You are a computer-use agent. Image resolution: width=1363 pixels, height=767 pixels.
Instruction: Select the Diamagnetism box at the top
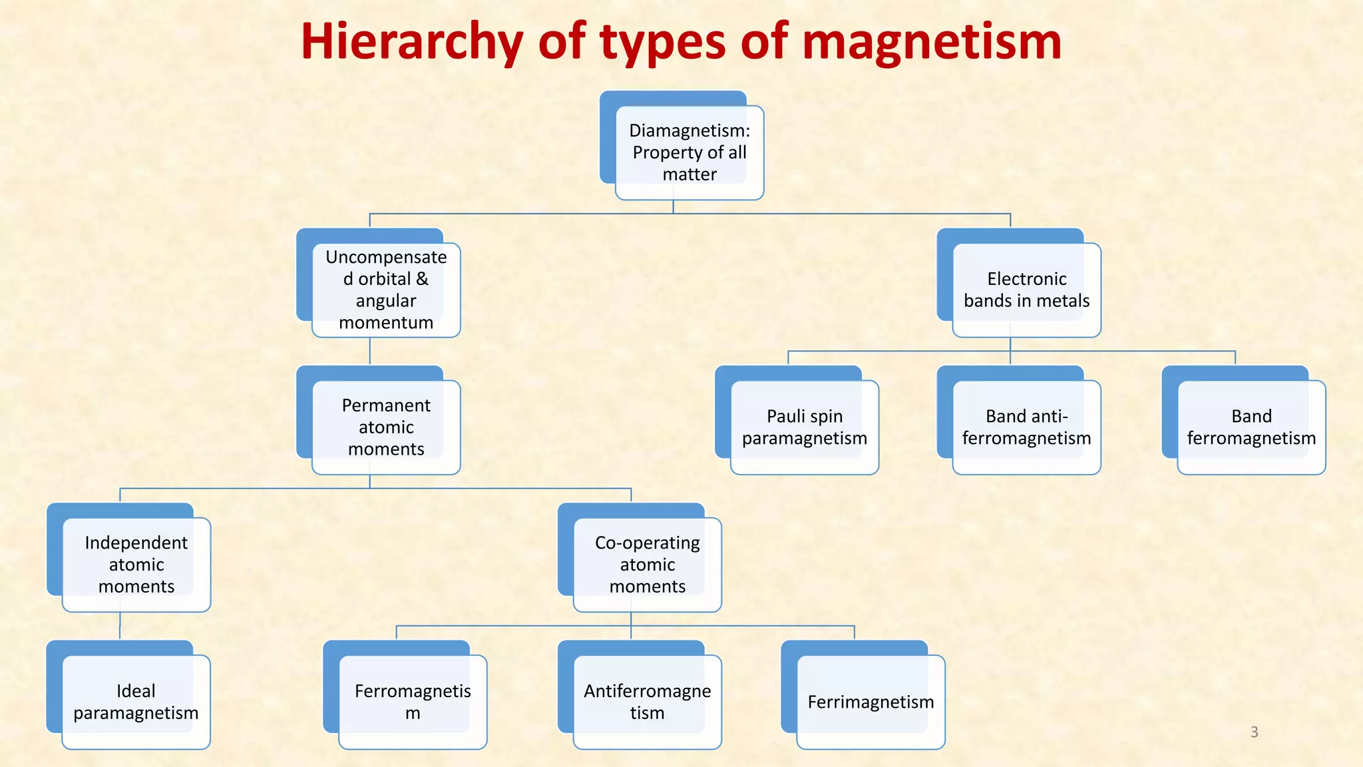[x=689, y=152]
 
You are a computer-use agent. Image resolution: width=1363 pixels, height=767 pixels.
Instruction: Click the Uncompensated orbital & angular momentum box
[x=386, y=290]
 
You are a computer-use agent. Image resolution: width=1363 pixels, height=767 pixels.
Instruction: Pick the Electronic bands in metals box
[x=1026, y=290]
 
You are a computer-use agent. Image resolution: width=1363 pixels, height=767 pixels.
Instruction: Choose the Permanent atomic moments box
[x=386, y=427]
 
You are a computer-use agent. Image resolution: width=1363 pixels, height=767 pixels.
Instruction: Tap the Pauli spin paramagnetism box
[x=805, y=427]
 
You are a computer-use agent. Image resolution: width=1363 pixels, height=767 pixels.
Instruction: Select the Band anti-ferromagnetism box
[x=1026, y=427]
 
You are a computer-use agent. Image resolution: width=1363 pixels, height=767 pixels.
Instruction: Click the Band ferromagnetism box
[x=1251, y=427]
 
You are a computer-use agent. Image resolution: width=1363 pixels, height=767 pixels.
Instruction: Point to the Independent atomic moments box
[x=136, y=564]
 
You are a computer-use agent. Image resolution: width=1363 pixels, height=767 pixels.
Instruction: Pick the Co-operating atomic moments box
[x=648, y=564]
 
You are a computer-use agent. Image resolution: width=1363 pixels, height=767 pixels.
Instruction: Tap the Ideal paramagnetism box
[x=136, y=702]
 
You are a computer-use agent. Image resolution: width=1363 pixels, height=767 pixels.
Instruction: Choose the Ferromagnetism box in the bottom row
[x=413, y=702]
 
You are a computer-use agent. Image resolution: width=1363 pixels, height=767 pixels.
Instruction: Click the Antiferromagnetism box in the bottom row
[x=648, y=702]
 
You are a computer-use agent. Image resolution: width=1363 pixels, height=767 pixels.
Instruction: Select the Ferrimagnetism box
[x=871, y=702]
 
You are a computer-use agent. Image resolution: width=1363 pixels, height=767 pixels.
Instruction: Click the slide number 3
[x=1255, y=732]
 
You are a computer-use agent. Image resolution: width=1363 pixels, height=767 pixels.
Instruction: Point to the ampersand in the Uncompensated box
[x=422, y=279]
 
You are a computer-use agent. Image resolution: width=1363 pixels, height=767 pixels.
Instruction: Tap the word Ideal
[x=136, y=691]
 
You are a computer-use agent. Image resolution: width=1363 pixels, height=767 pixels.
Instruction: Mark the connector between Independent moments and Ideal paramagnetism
[x=120, y=627]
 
